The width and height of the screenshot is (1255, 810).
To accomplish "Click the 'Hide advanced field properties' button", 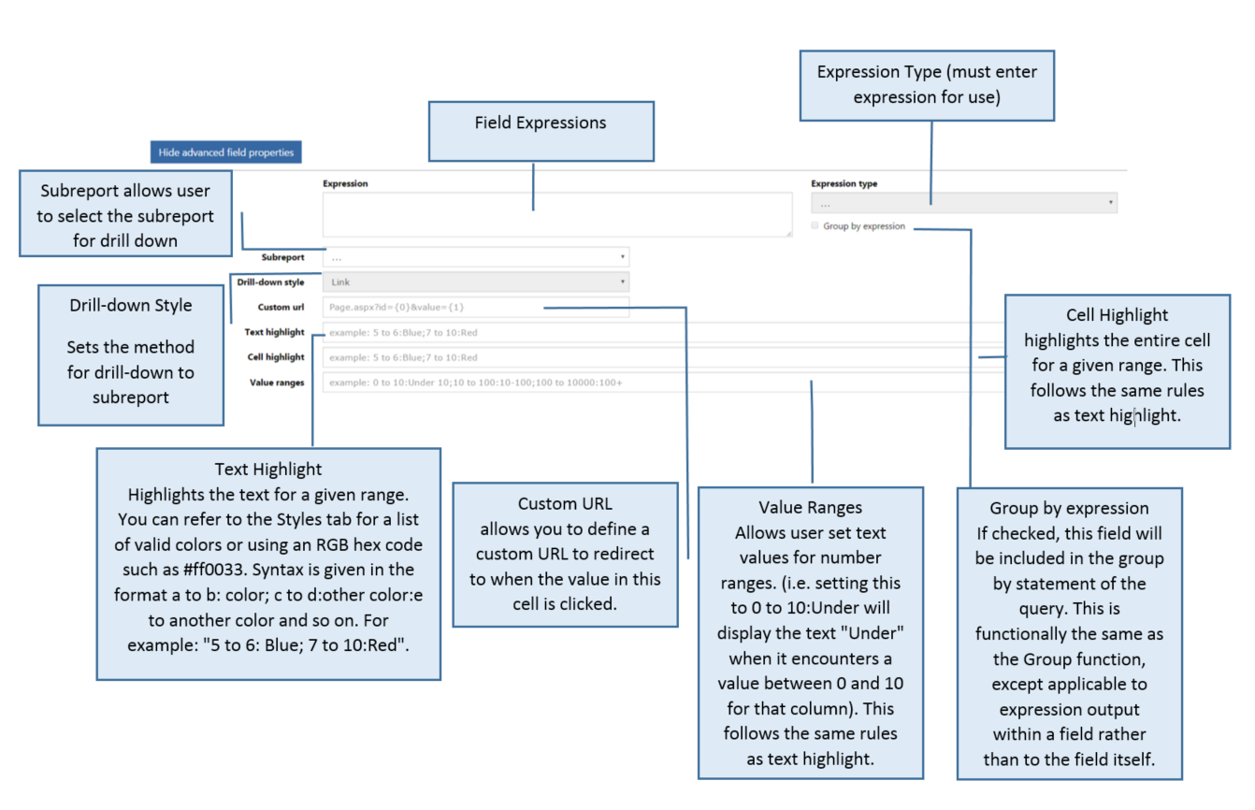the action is [x=225, y=152].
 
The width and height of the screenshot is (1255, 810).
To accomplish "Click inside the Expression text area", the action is [x=557, y=215].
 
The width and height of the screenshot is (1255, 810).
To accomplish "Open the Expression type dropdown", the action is [x=963, y=203].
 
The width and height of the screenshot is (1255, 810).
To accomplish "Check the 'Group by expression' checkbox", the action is [x=815, y=225].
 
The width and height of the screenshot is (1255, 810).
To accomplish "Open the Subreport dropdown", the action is [x=476, y=256].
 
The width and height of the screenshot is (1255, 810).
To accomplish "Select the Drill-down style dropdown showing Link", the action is [x=476, y=282].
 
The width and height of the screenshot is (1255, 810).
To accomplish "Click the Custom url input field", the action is [x=476, y=307].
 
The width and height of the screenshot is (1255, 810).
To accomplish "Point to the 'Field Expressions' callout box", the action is [x=541, y=132].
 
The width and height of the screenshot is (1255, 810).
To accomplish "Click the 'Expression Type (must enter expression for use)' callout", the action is [x=927, y=86].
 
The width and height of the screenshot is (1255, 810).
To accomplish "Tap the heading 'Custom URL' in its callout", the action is [x=565, y=503].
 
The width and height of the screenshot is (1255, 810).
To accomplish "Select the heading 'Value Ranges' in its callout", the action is [x=810, y=507].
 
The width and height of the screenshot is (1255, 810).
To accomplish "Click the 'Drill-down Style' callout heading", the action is [x=131, y=306].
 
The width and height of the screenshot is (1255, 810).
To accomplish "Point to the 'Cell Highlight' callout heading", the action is [x=1117, y=315].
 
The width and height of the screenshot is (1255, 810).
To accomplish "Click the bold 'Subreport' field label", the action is [x=282, y=257].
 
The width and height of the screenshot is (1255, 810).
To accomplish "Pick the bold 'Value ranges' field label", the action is [x=277, y=383].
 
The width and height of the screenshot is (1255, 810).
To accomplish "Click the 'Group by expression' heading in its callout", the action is [x=1069, y=509].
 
